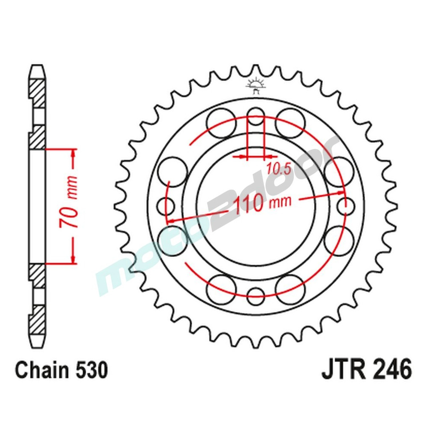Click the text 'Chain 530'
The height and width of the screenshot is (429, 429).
[x=61, y=370]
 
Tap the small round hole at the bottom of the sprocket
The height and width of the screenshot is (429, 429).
[x=257, y=293]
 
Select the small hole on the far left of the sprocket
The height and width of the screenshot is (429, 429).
[x=166, y=206]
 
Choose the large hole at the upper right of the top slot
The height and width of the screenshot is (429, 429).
[x=290, y=123]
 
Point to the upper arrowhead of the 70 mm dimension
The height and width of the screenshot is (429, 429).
[x=74, y=154]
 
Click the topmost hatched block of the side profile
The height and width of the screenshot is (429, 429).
[x=37, y=93]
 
